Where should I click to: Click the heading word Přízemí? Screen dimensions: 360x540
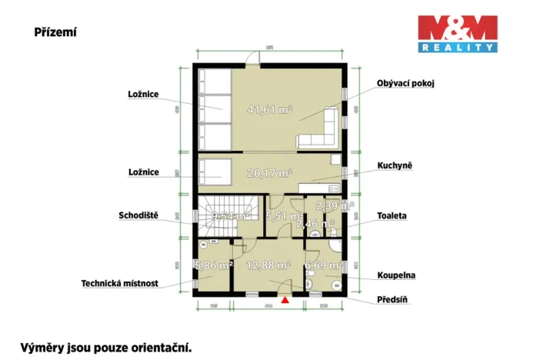55,33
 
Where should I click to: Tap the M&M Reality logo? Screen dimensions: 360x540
457,34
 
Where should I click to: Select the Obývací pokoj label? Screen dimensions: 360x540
405,83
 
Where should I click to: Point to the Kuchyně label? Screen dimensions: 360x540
395,165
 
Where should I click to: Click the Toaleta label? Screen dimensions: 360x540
392,216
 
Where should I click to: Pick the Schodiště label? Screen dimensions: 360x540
138,215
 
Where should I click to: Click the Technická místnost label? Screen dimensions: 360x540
120,283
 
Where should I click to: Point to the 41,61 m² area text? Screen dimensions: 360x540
269,110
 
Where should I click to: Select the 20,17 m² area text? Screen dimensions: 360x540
269,172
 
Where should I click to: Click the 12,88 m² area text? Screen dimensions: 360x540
268,265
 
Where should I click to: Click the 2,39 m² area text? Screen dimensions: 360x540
336,206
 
